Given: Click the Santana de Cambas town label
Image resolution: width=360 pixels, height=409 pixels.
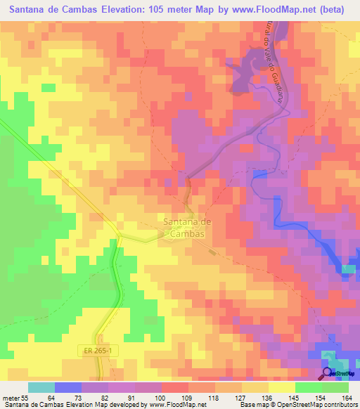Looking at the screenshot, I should pyautogui.click(x=184, y=228).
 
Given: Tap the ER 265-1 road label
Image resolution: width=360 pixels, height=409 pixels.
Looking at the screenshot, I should pyautogui.click(x=94, y=349).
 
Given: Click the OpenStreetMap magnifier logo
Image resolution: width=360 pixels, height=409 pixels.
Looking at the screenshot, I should pyautogui.click(x=328, y=374).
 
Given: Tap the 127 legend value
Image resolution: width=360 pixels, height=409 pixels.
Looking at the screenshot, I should pyautogui.click(x=241, y=398).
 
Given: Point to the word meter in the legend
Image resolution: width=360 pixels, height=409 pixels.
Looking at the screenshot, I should pyautogui.click(x=12, y=398).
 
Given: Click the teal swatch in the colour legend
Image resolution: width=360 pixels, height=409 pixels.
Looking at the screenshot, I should pyautogui.click(x=41, y=387).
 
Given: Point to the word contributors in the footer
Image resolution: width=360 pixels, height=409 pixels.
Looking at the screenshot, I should pyautogui.click(x=339, y=405).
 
